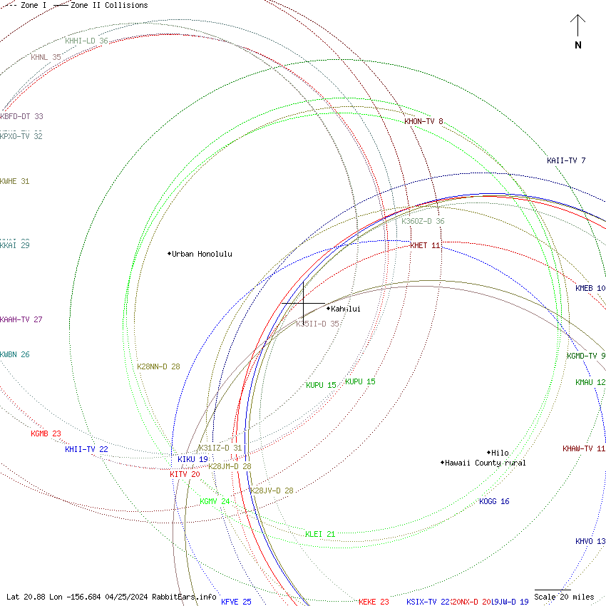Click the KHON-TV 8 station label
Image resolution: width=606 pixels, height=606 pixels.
tap(423, 121)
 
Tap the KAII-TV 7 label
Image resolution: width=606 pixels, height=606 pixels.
tap(566, 160)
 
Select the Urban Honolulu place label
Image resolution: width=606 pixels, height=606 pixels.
tap(202, 254)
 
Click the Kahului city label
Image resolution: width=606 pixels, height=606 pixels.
tap(346, 309)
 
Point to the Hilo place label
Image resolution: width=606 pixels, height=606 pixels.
tap(500, 453)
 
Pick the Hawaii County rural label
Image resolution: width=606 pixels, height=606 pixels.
tap(486, 463)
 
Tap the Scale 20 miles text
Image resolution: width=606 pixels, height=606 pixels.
tap(564, 597)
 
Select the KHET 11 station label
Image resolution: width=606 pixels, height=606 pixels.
tap(425, 245)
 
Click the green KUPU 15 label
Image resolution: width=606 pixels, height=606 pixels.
tap(321, 385)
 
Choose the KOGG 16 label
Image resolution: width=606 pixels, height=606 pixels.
tap(494, 501)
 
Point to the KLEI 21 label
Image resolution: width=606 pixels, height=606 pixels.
tap(320, 534)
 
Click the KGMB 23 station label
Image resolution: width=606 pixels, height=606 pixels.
tap(46, 433)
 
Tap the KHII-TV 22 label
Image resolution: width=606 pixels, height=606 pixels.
tap(86, 449)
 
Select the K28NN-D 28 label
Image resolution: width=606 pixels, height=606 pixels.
tap(158, 366)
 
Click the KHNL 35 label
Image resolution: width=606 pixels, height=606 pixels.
tap(46, 57)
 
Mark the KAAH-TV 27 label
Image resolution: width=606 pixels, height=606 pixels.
tap(21, 319)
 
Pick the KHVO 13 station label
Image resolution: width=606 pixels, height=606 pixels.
tap(590, 541)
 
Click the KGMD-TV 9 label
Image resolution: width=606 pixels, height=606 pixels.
tap(586, 356)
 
